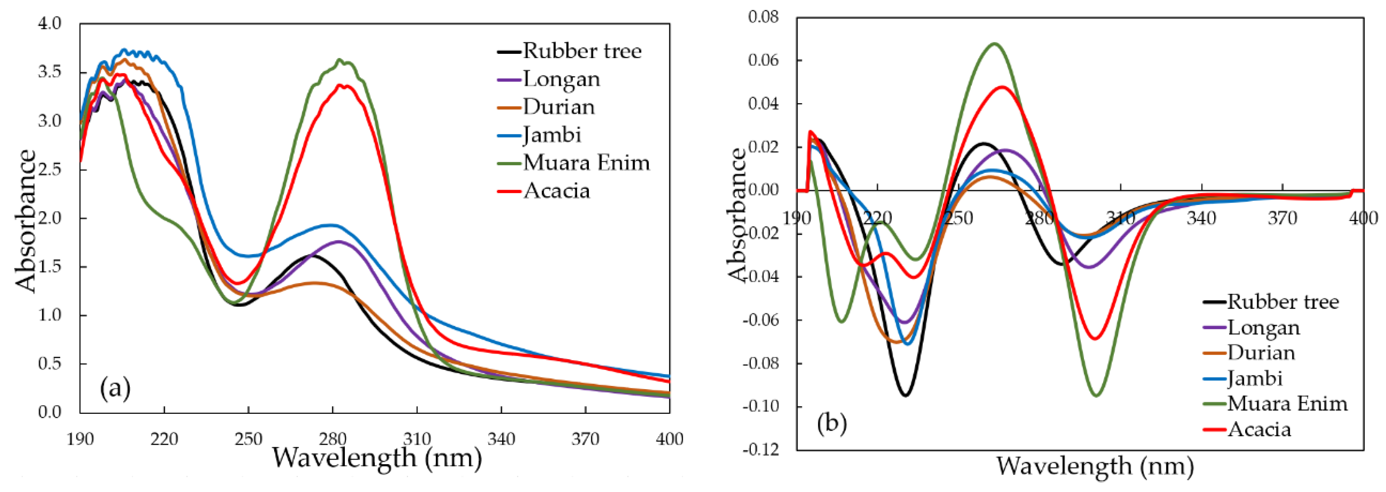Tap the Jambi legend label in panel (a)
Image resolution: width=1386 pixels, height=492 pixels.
click(552, 135)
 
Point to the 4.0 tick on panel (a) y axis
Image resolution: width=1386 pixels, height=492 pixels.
click(49, 24)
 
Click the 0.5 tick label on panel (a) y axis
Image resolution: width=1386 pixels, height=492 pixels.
click(49, 364)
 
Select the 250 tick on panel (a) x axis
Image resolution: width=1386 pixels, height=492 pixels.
click(248, 439)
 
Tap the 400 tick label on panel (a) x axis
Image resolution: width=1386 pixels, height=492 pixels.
click(669, 439)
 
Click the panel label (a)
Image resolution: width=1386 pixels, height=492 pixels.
click(115, 388)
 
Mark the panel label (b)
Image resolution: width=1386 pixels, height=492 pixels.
click(832, 424)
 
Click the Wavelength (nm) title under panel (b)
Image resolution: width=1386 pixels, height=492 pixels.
click(1095, 466)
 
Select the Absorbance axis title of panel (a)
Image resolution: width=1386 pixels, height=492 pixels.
click(26, 221)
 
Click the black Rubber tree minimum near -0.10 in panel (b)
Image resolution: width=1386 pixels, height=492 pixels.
click(905, 395)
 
